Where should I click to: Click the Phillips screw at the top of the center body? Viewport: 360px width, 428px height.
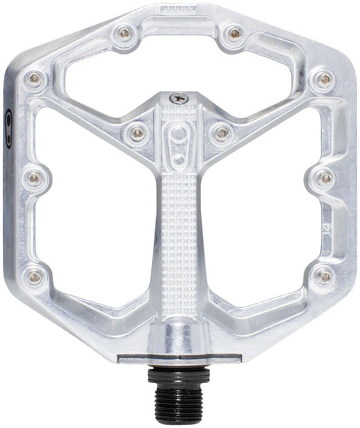178,97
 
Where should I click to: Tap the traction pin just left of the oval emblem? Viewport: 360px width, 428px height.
136,133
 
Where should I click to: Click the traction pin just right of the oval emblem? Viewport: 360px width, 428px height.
221,133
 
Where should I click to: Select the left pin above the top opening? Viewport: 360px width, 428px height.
122,33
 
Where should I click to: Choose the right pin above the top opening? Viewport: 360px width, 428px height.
235,33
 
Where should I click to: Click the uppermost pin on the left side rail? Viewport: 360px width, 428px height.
34,78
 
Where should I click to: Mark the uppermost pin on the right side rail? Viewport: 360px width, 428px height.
324,78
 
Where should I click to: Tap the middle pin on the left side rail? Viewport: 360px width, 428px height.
34,178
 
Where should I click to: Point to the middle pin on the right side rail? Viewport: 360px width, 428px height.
324,178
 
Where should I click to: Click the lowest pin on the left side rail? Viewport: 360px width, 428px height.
34,277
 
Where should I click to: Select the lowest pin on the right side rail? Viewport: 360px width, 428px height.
324,277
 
